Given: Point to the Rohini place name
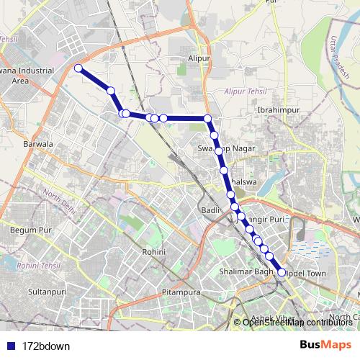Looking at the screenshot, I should click(155, 252).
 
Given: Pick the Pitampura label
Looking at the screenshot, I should click(180, 294).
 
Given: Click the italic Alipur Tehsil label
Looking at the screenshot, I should click(245, 93).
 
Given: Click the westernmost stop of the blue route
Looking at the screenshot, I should click(78, 68).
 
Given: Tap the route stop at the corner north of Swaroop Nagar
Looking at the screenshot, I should click(207, 118).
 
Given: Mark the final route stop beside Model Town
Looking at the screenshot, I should click(281, 272).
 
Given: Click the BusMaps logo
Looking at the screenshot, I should click(321, 345).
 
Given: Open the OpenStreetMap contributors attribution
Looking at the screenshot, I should click(294, 322).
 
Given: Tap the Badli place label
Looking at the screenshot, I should click(211, 209).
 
